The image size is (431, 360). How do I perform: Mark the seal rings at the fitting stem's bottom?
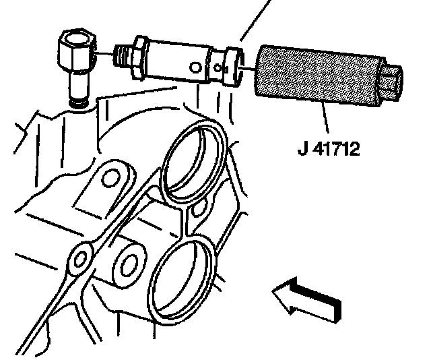[x=78, y=102]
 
